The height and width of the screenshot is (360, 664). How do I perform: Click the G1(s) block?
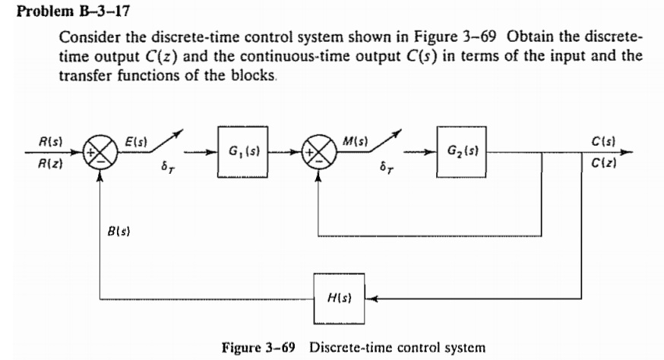pos(239,152)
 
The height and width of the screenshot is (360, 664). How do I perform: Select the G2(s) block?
pos(460,152)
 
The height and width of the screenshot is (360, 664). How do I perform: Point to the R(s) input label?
pos(51,141)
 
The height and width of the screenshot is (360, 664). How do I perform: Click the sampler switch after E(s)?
pos(162,146)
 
